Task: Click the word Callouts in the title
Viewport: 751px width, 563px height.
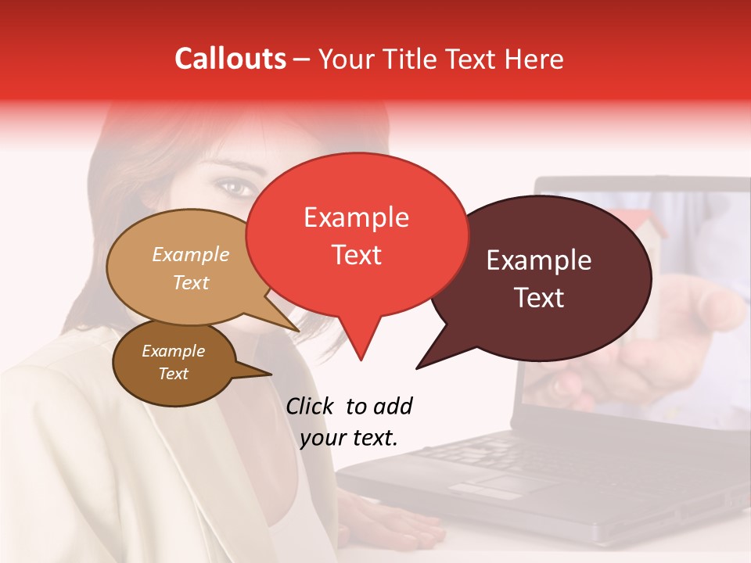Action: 230,59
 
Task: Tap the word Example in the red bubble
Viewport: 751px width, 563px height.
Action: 356,217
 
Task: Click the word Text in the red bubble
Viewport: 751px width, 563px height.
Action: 356,255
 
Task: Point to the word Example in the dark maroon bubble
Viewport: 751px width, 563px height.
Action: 539,260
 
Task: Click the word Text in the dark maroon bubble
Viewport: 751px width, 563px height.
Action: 539,298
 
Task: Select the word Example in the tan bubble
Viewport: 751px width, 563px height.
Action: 190,255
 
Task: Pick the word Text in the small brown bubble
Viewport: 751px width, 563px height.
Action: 173,374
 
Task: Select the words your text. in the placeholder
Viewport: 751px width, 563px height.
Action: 349,438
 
